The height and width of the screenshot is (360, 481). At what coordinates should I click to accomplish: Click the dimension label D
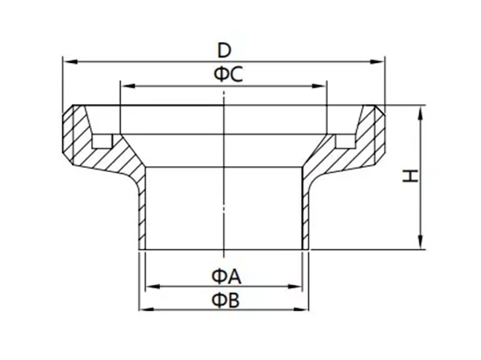(x=224, y=51)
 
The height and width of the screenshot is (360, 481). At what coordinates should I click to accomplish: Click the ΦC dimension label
(x=228, y=74)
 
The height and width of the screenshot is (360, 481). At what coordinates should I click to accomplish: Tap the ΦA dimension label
(x=227, y=276)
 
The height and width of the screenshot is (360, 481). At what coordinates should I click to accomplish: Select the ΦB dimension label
(x=226, y=300)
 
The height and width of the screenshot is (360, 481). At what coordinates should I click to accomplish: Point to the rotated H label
(x=410, y=176)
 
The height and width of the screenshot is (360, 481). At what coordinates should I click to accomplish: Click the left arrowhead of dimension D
(x=70, y=62)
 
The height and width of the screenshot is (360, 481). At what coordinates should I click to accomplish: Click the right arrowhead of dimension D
(x=377, y=62)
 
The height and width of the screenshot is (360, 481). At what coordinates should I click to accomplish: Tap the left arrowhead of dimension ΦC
(x=128, y=87)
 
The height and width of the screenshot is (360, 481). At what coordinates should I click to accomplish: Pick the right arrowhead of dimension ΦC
(x=319, y=87)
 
